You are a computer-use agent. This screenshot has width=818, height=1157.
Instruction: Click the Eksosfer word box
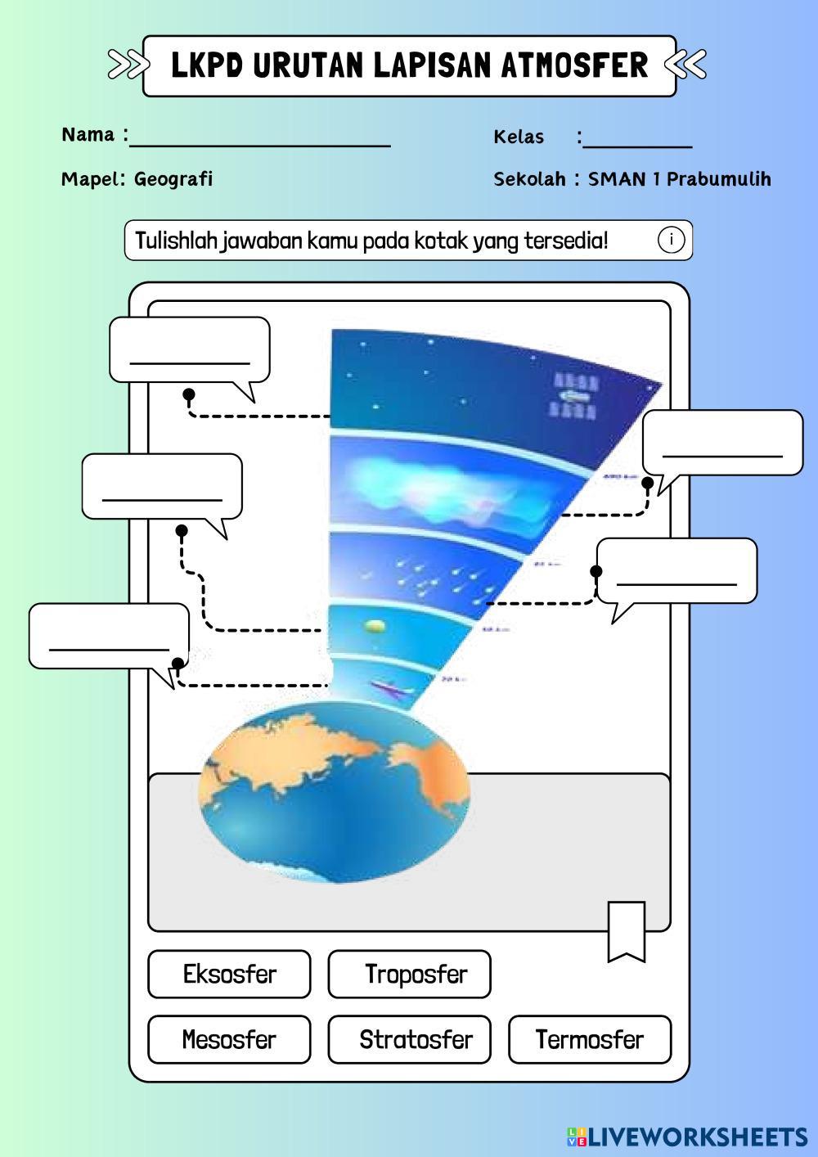[229, 974]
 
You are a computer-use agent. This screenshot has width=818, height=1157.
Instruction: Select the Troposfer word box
[409, 974]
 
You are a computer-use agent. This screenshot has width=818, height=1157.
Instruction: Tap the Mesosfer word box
[229, 1039]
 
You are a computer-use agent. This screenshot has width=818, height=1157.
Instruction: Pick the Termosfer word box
[590, 1039]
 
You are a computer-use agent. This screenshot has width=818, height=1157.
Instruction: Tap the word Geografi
[173, 178]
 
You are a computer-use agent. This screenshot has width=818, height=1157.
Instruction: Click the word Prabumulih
[719, 178]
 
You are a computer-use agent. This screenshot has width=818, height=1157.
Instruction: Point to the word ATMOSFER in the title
[573, 65]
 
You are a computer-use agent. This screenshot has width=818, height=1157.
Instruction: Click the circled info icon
[671, 241]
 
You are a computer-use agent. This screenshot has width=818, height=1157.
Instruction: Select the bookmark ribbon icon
[627, 931]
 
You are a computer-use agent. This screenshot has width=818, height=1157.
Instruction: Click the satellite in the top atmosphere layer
[575, 395]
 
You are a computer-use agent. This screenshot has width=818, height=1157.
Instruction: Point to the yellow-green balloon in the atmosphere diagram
[375, 626]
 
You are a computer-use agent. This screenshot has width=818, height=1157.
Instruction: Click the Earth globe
[334, 792]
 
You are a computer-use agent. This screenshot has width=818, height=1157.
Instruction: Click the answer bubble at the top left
[190, 350]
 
